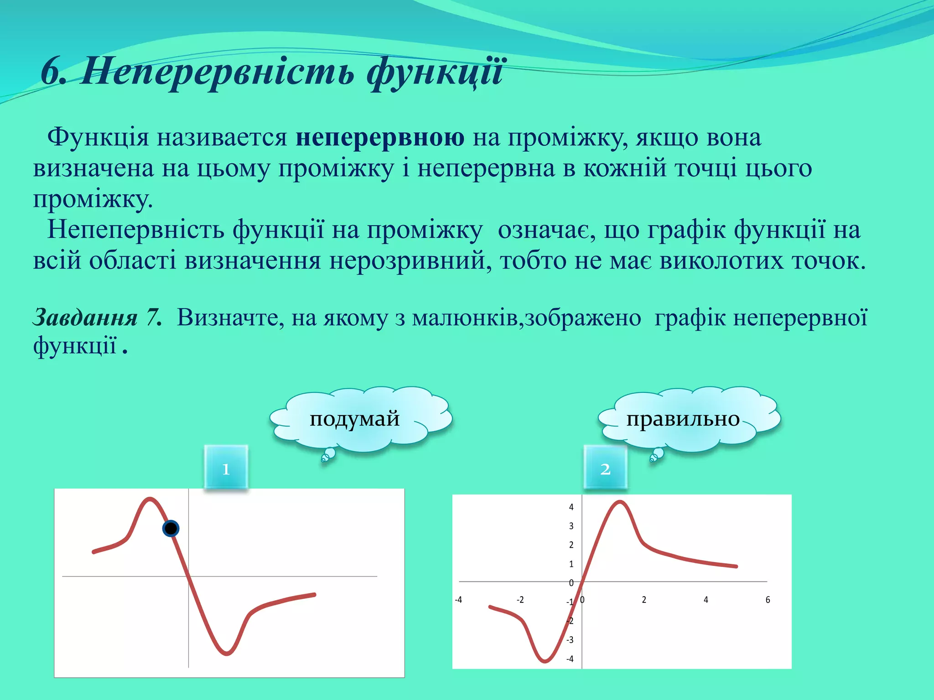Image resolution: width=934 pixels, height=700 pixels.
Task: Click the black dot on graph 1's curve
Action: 171,528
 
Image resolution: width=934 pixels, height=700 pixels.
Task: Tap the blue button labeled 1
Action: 226,468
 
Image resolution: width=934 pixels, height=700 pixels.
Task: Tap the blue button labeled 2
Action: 605,468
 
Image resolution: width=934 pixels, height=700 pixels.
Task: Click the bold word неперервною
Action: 380,137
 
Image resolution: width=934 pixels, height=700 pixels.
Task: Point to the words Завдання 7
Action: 97,317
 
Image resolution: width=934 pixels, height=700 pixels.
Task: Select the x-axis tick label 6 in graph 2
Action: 768,600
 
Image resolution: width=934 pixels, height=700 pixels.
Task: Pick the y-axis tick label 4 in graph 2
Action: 571,507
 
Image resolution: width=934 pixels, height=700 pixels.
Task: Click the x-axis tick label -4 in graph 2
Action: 458,600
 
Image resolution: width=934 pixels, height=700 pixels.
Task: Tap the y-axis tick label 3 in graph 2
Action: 571,526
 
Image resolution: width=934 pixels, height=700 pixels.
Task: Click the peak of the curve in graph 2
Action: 620,502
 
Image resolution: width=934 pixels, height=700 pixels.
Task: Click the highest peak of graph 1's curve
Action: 150,499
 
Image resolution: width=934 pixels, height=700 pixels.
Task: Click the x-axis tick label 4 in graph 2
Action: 706,600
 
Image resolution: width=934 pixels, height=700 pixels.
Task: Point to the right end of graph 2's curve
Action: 736,566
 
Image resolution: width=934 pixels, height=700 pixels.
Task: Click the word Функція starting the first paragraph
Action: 98,137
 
